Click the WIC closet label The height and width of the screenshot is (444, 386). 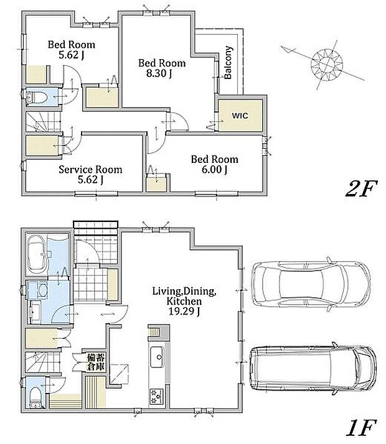pos(240,116)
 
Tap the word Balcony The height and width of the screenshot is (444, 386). pos(228,63)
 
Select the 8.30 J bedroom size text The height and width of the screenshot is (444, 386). pos(159,73)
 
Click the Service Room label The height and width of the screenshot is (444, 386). pos(90,169)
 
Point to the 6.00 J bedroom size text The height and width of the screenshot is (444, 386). pos(215,169)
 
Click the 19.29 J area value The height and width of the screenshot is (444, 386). pos(184,311)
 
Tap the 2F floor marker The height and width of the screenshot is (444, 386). pos(361,189)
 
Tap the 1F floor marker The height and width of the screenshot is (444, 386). pos(361,428)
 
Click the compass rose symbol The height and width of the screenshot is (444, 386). pos(327,64)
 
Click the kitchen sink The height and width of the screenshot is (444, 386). pos(157,357)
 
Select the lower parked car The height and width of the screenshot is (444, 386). pos(313,368)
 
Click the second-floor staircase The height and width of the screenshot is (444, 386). pos(44,122)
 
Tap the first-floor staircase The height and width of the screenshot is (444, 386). pos(44,362)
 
